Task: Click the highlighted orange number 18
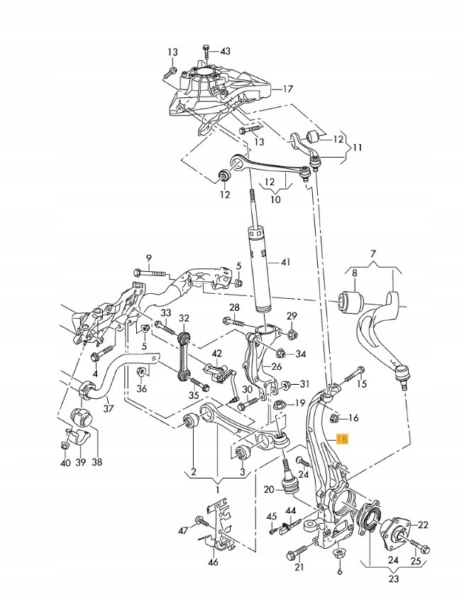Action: click(343, 440)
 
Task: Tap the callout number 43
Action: click(225, 51)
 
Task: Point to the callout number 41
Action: click(285, 263)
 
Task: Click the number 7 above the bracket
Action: click(373, 254)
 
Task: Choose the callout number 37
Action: click(108, 408)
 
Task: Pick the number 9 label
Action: click(149, 257)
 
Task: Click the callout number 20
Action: click(268, 489)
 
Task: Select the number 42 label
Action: click(217, 353)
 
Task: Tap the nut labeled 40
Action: click(64, 445)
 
